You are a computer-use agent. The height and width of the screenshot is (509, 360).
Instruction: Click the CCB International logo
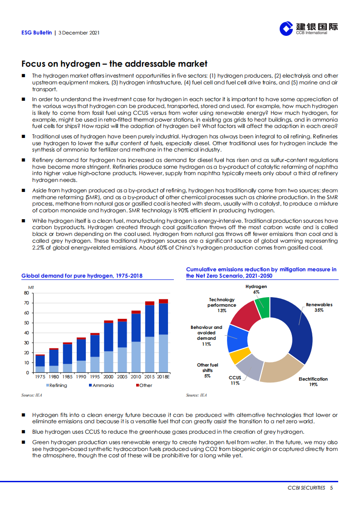point(308,29)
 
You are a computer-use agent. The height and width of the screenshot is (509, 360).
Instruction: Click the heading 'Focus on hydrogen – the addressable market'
point(114,64)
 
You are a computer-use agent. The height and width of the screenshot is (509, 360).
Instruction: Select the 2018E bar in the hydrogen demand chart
point(163,336)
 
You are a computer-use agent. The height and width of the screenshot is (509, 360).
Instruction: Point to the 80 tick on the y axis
point(26,293)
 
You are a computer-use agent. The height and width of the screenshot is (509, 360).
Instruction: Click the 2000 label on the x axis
point(108,377)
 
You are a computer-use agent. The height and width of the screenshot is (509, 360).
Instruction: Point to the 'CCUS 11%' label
point(235,380)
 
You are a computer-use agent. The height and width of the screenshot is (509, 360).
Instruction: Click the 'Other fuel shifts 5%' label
point(207,370)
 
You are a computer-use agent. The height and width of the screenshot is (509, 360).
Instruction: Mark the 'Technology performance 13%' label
point(222,305)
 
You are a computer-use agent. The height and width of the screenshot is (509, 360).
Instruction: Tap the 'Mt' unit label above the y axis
point(31,288)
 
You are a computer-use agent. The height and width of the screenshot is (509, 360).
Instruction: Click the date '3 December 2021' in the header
point(79,33)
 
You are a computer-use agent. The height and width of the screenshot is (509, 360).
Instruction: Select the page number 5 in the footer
point(332,488)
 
